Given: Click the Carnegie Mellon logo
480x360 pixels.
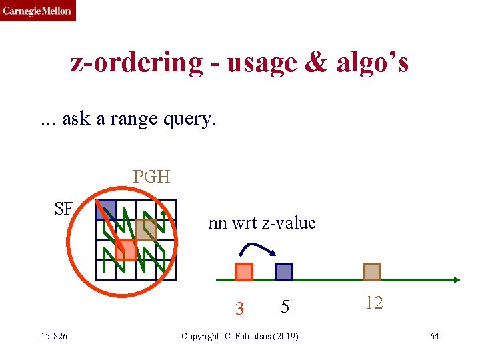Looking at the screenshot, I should pyautogui.click(x=37, y=11).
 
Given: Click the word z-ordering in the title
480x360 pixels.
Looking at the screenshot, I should pyautogui.click(x=137, y=63).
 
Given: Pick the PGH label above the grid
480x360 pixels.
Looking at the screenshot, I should pyautogui.click(x=151, y=177).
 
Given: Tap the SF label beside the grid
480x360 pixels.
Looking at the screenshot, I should pyautogui.click(x=64, y=209).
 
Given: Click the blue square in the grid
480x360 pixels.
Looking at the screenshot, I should pyautogui.click(x=106, y=210).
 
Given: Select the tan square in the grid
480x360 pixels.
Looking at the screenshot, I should pyautogui.click(x=146, y=229).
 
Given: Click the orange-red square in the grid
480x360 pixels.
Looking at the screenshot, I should pyautogui.click(x=125, y=250).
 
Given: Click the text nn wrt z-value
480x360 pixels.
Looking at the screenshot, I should pyautogui.click(x=261, y=223).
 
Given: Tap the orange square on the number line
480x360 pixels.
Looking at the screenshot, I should pyautogui.click(x=244, y=272).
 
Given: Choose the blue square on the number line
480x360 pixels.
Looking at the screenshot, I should pyautogui.click(x=284, y=272).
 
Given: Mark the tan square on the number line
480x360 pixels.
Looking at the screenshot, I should pyautogui.click(x=372, y=272).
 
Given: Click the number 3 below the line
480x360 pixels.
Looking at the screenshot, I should pyautogui.click(x=240, y=309).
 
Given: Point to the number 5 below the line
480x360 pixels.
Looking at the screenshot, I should pyautogui.click(x=285, y=307).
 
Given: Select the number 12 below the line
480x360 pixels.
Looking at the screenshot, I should pyautogui.click(x=374, y=303).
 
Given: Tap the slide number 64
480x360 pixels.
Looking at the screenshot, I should pyautogui.click(x=434, y=336).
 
